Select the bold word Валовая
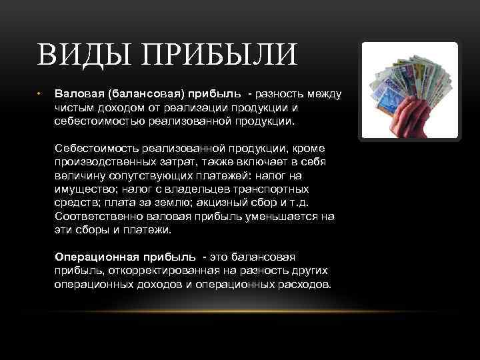click(75, 93)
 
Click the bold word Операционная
click(93, 257)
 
